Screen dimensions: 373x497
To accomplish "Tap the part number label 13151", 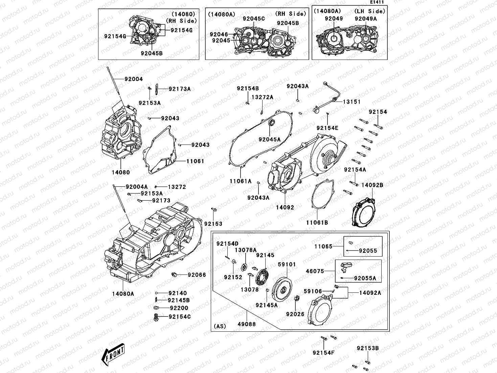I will [352, 102].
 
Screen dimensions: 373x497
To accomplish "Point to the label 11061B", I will [317, 223].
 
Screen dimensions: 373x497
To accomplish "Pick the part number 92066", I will [197, 275].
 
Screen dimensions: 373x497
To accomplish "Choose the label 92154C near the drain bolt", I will [180, 317].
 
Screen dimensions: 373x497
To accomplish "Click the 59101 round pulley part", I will [284, 288].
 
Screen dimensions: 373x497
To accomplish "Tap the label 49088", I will [247, 324].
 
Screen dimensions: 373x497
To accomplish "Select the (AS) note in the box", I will [220, 327].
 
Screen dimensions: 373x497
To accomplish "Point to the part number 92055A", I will [365, 278].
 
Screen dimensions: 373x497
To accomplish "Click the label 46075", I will [315, 271].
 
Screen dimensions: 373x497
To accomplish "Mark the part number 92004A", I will [137, 186].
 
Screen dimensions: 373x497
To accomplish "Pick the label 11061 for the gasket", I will [195, 161].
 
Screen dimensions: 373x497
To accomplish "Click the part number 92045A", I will [270, 139].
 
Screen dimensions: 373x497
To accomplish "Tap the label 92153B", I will [368, 348].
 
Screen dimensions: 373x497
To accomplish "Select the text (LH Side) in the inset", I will [370, 11].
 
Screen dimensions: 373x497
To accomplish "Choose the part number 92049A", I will [366, 19].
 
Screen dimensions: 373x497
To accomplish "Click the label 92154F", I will [323, 353].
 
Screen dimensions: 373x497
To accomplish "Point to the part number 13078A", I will [246, 250].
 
